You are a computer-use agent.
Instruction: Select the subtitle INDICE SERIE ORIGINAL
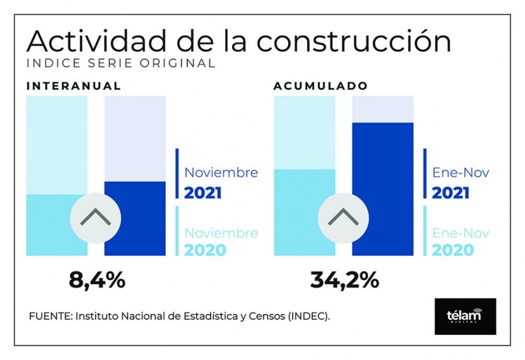point(121,63)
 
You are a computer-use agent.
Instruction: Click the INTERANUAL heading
point(74,86)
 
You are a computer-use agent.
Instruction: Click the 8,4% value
point(97,279)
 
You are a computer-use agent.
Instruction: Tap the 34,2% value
point(344,279)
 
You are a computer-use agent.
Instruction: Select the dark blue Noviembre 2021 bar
point(135,226)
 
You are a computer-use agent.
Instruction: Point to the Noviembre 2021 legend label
point(221,183)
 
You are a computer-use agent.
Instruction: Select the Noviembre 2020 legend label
point(221,241)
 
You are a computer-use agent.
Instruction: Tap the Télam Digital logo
point(465,316)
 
